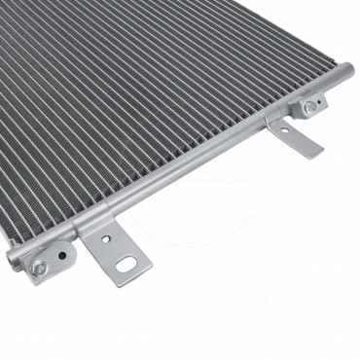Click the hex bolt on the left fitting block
tap(39, 268)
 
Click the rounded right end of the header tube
tap(347, 72)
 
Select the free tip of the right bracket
tap(313, 151)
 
